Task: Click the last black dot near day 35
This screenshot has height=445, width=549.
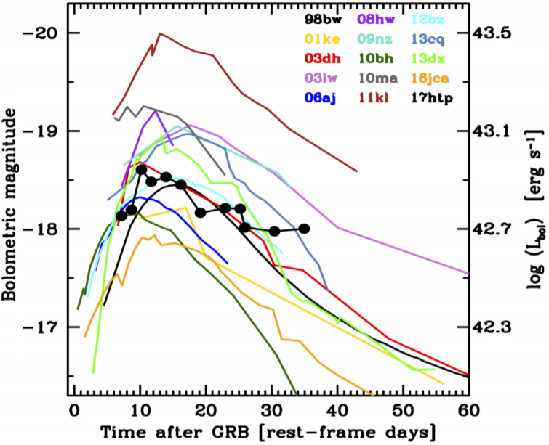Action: pyautogui.click(x=304, y=229)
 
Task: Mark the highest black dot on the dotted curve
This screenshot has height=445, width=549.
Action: pyautogui.click(x=141, y=170)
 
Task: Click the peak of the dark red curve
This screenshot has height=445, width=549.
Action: pyautogui.click(x=159, y=33)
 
